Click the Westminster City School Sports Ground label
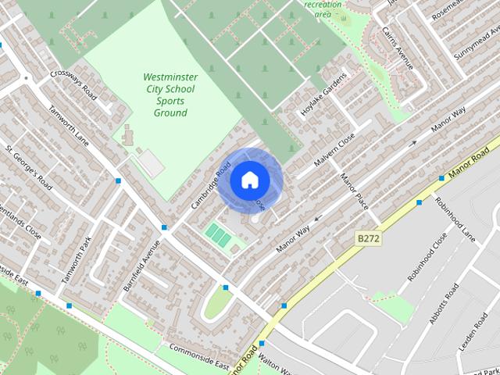[x=170, y=95]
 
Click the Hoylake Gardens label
[x=323, y=95]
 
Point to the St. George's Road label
[x=28, y=167]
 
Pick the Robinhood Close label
[x=427, y=256]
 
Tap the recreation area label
[x=323, y=9]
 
